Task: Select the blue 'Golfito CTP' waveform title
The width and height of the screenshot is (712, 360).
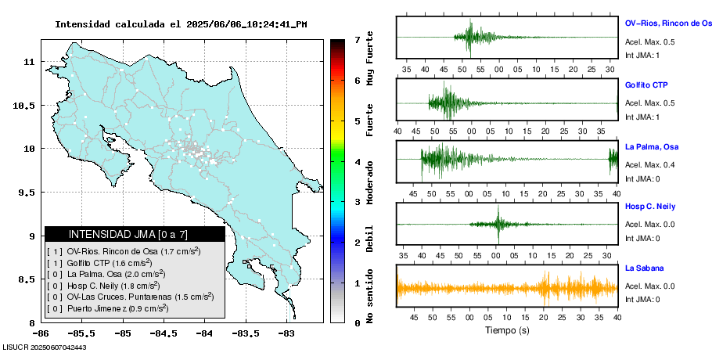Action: (x=646, y=85)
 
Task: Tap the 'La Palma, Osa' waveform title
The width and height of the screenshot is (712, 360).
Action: (x=651, y=146)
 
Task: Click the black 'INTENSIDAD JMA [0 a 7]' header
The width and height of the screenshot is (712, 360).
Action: (x=134, y=234)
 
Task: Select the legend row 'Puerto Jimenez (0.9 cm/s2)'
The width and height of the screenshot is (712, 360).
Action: (x=110, y=308)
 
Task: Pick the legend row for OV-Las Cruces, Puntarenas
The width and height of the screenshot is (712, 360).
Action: (x=131, y=297)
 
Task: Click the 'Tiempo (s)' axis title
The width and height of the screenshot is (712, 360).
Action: (x=506, y=330)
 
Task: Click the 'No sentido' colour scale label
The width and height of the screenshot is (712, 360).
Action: (x=370, y=298)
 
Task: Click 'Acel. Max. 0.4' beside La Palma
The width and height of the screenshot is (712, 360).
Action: (x=649, y=164)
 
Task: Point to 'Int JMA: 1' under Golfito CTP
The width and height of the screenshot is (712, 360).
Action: (x=642, y=117)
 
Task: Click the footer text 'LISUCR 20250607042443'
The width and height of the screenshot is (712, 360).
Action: (x=44, y=347)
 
